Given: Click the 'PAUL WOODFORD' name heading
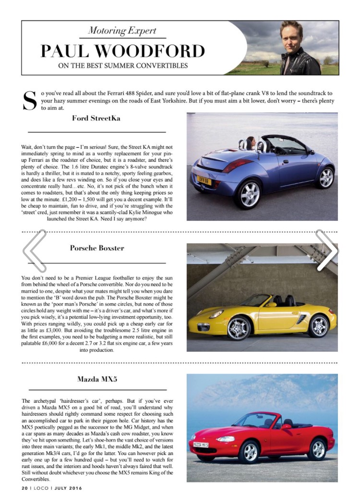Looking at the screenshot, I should pos(122,50).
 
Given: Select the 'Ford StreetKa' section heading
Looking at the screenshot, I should pos(96,118).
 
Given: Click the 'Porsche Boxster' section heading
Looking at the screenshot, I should pos(97,248).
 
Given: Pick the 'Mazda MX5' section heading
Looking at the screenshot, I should pos(97,379).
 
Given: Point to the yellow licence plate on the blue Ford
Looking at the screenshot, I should pos(203,178).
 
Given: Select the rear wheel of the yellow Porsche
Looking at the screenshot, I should pos(318,326).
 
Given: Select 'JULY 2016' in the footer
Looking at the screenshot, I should pos(66,488).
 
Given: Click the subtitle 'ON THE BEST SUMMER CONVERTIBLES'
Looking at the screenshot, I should pos(122,66).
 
